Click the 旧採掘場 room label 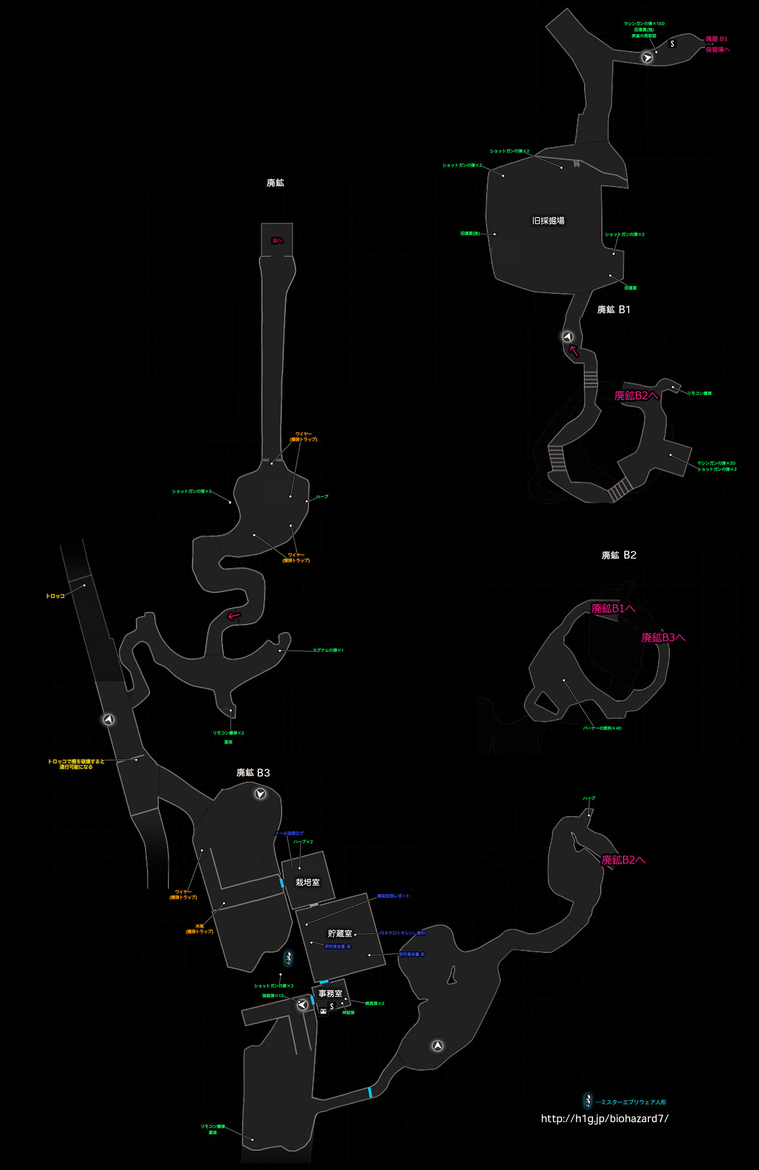(548, 221)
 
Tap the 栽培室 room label (307, 882)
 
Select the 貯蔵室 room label (340, 933)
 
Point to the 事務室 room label (330, 993)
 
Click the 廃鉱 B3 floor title (253, 773)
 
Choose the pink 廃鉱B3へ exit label (663, 637)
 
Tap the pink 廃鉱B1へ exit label (613, 608)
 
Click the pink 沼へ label (277, 241)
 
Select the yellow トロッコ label (55, 596)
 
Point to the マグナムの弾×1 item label (328, 650)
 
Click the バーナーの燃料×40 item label (602, 728)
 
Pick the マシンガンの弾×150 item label (644, 23)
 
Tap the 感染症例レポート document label (393, 896)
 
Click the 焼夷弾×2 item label (374, 1003)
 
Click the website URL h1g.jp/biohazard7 (604, 1118)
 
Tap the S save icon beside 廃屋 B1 (672, 44)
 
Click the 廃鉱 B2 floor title (619, 555)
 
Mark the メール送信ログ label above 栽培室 (289, 833)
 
